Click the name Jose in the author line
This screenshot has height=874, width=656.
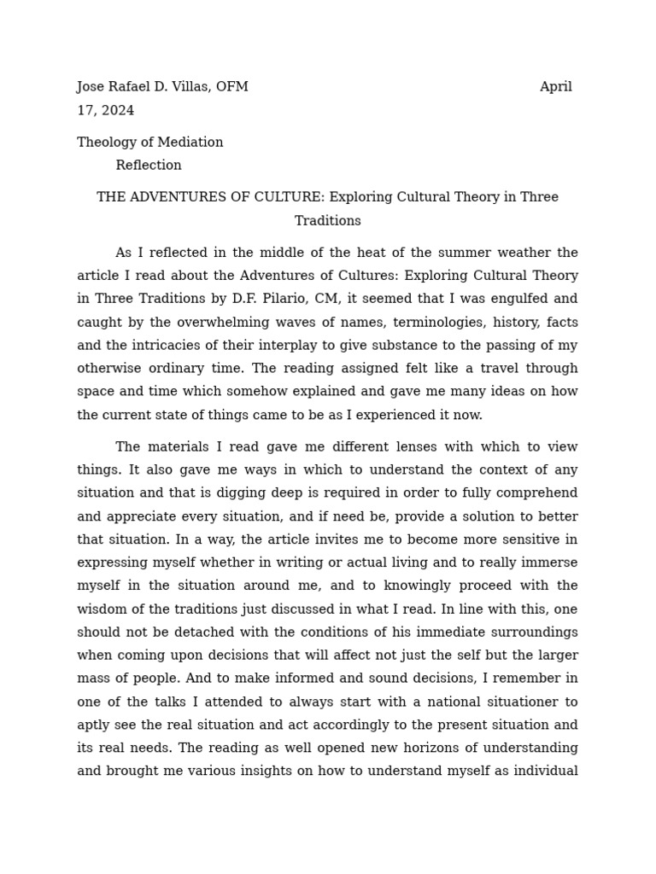click(92, 87)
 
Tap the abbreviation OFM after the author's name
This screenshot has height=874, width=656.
click(231, 87)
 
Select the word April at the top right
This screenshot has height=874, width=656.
click(556, 87)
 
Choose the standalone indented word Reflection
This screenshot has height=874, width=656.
click(149, 166)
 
